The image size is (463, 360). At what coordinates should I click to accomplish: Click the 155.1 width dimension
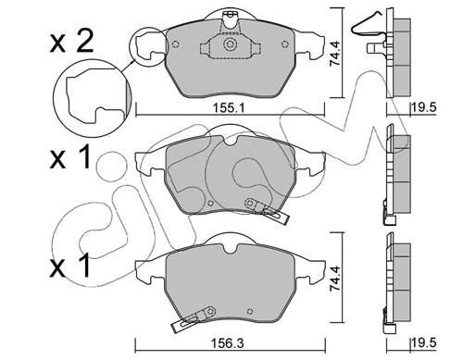229,108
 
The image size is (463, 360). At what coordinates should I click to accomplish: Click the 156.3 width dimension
228,343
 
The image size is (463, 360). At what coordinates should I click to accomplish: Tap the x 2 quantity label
71,43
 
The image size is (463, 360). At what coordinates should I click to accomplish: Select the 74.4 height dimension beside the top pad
335,54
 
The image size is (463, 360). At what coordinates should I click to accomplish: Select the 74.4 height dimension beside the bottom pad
335,279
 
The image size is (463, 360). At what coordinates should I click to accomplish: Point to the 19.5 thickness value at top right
423,107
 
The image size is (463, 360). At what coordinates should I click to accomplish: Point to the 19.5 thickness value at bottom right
423,343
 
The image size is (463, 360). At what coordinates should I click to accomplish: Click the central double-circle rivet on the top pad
230,44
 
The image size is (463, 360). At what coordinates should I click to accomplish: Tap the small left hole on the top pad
175,44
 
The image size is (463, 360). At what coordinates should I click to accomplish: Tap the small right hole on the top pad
285,44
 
